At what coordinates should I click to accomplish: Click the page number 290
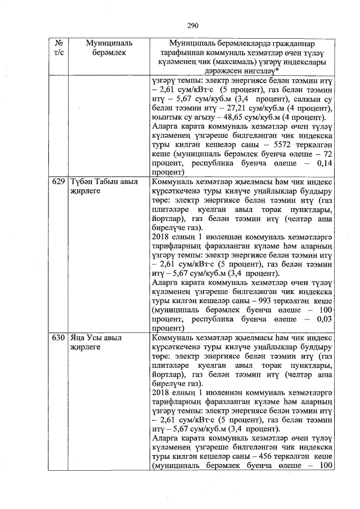194,25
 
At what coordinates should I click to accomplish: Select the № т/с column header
58,48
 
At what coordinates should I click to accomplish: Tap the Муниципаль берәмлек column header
109,48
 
